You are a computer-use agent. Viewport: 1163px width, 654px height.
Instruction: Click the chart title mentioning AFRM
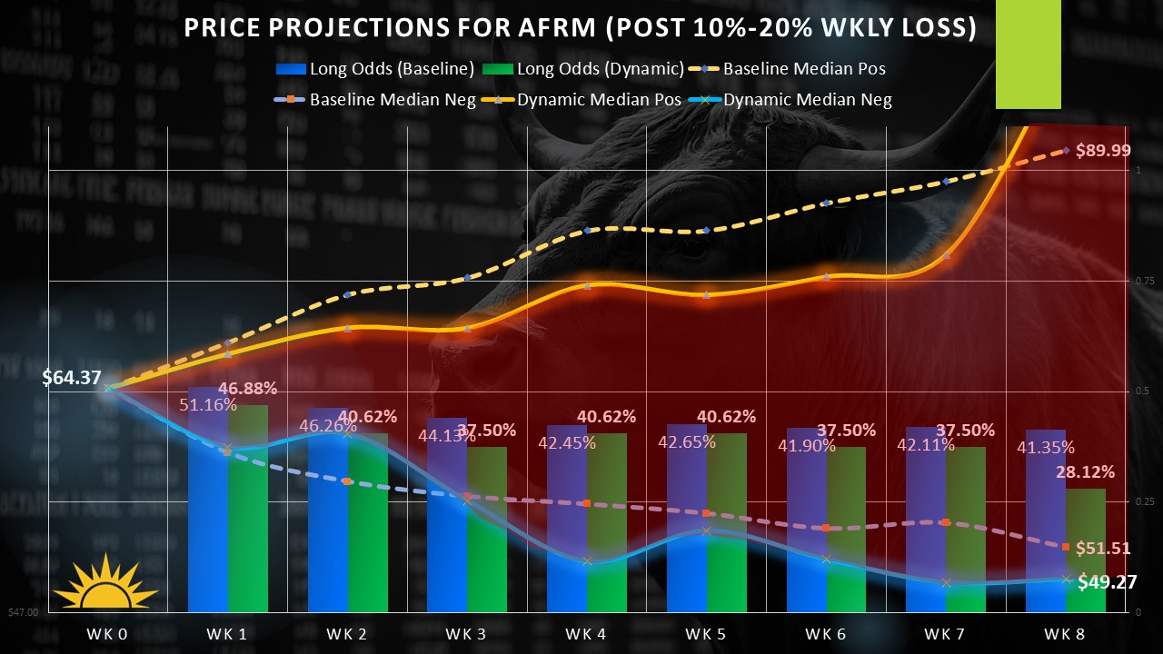580,28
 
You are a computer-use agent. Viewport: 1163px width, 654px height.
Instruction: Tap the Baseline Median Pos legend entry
790,68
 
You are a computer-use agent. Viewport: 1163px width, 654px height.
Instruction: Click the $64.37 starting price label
71,378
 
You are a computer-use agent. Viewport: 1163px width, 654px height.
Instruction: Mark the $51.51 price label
1103,548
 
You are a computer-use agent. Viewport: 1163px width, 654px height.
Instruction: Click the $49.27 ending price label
1107,582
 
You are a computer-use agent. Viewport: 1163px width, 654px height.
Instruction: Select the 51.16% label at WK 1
198,404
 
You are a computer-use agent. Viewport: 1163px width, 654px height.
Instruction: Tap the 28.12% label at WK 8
1084,471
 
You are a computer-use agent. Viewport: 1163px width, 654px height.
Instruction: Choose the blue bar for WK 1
208,527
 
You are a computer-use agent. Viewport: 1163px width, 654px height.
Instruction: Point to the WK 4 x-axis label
586,633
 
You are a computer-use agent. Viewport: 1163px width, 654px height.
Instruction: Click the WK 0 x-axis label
107,633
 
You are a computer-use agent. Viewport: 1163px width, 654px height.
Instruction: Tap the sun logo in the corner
105,583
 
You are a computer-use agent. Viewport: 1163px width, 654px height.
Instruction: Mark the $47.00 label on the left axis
23,613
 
